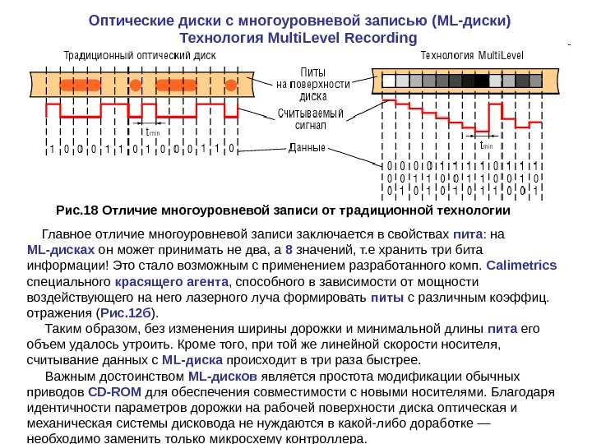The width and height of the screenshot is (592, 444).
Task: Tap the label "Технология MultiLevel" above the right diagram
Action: [x=472, y=56]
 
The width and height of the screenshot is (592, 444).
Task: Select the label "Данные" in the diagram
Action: [x=307, y=149]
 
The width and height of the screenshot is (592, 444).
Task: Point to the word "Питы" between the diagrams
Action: [x=312, y=72]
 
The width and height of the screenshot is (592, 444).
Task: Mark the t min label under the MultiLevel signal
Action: [x=487, y=146]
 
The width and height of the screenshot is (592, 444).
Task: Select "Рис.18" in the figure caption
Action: [x=76, y=210]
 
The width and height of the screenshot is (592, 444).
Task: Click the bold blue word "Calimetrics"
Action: [x=521, y=265]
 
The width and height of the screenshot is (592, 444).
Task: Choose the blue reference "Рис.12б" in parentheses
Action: [x=127, y=312]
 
